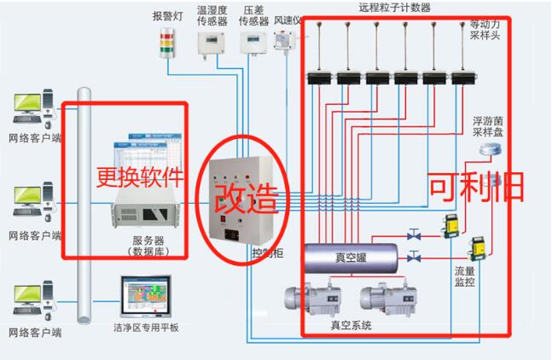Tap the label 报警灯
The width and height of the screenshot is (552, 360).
(x=166, y=15)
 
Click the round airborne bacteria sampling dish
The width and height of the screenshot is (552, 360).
(x=488, y=149)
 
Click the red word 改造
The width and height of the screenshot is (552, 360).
(x=245, y=197)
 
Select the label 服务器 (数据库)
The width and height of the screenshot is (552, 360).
(x=149, y=245)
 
